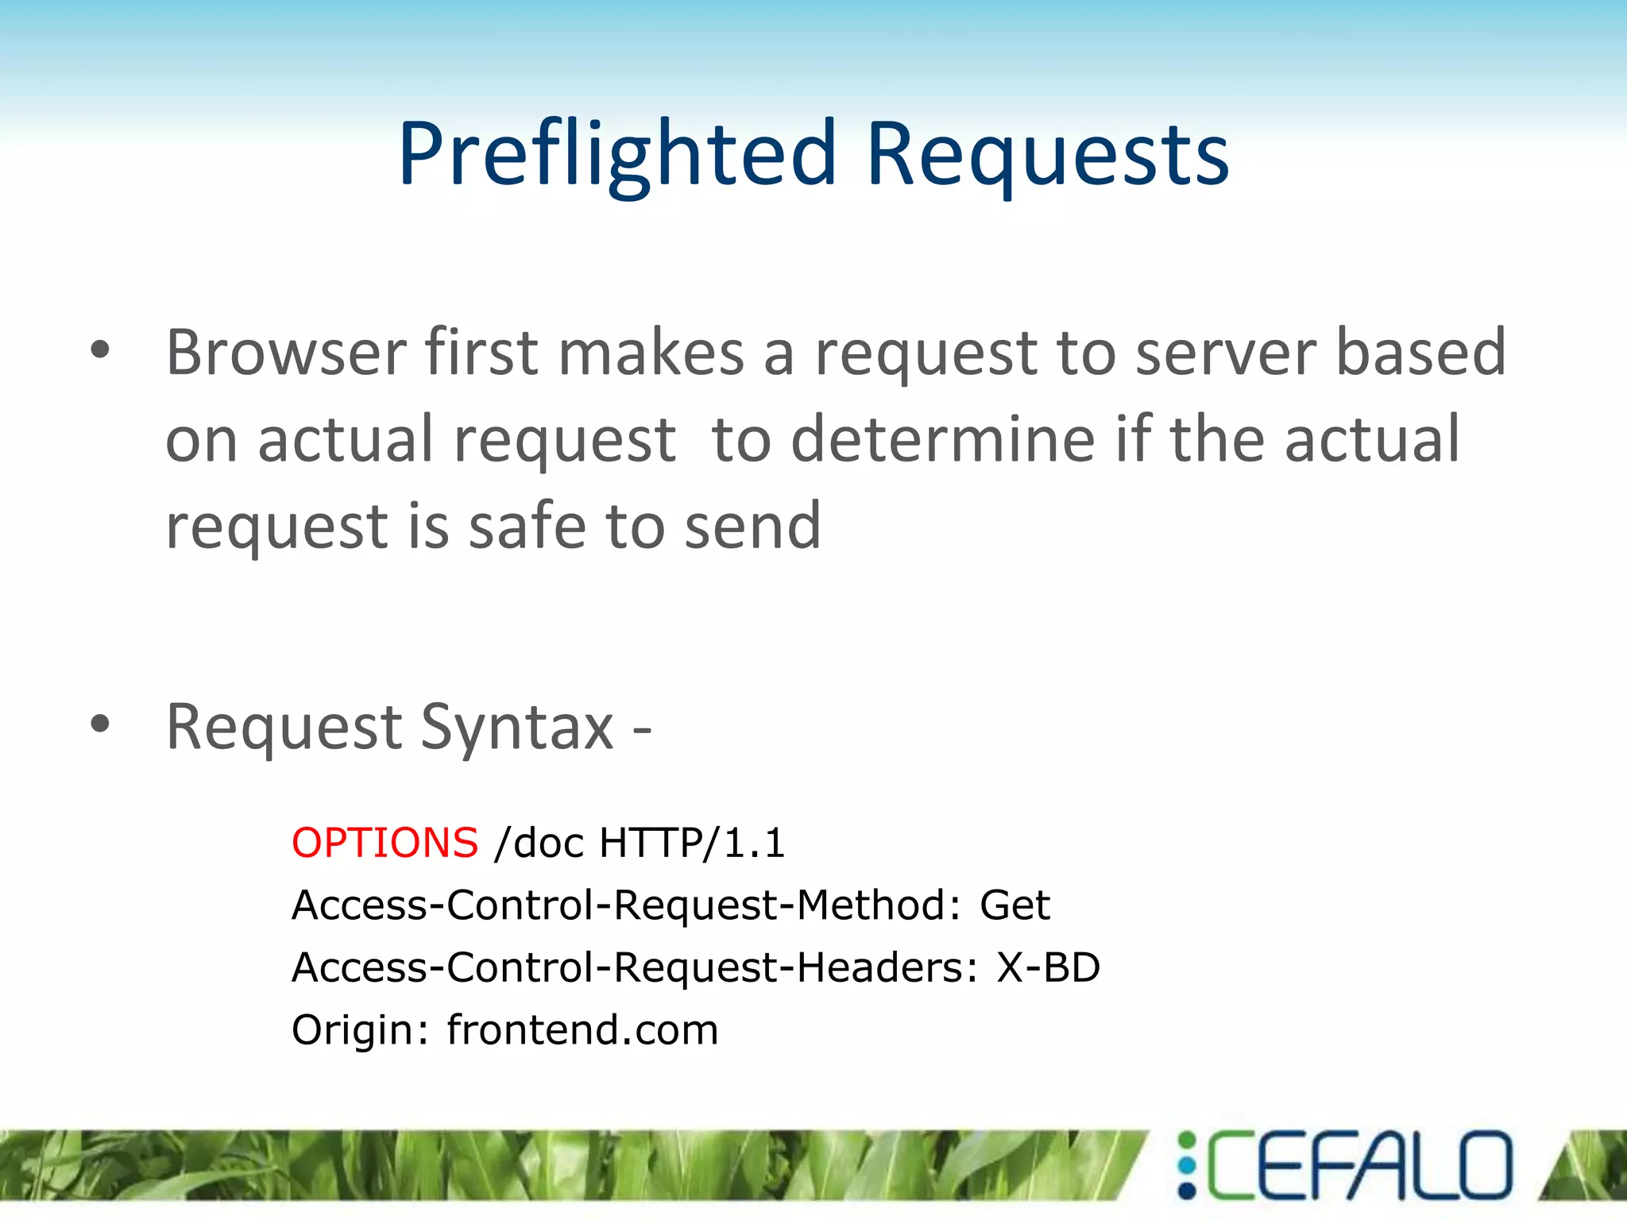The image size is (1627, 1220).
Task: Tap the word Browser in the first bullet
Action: [x=286, y=352]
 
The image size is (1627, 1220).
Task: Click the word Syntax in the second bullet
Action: [x=516, y=727]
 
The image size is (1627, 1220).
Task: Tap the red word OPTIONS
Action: [x=385, y=843]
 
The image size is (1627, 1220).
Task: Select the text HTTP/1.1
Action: [x=692, y=843]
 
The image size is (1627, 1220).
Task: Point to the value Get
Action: [x=1014, y=905]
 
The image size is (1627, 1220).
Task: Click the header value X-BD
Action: [x=1048, y=967]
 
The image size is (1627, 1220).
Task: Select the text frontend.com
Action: [x=582, y=1029]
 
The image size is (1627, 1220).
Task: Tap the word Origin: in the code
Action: [x=361, y=1029]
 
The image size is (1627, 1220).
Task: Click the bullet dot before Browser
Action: [x=100, y=350]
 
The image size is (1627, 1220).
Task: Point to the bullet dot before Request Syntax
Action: [x=100, y=724]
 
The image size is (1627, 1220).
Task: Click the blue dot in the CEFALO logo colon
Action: [x=1187, y=1165]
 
